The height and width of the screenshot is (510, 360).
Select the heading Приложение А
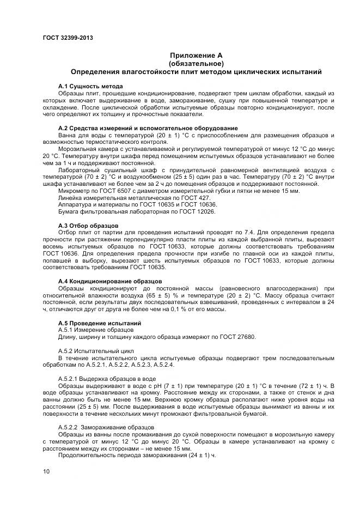click(x=196, y=56)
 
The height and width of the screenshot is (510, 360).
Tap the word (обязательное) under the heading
click(x=196, y=63)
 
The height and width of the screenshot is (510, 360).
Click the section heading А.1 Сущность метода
click(x=90, y=86)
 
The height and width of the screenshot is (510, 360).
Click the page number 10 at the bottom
click(x=46, y=471)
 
